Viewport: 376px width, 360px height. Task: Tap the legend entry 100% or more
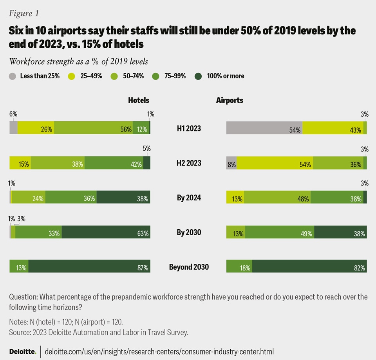(199, 76)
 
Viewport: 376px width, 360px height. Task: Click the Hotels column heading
(139, 100)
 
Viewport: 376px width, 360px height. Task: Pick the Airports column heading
(230, 100)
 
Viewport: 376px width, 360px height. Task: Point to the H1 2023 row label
(188, 128)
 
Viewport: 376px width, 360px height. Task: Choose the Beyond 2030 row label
(188, 267)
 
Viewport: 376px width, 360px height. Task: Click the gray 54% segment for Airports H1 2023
(264, 128)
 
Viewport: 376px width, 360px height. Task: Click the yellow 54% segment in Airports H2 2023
(275, 163)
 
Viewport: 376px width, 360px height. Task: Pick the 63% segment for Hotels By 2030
(106, 232)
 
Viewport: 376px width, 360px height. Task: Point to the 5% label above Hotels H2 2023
(146, 149)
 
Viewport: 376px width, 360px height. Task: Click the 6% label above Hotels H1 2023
(13, 114)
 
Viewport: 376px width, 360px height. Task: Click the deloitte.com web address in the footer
(160, 351)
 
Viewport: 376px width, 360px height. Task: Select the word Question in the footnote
(23, 297)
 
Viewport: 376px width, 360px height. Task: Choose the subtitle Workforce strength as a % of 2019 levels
(78, 61)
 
